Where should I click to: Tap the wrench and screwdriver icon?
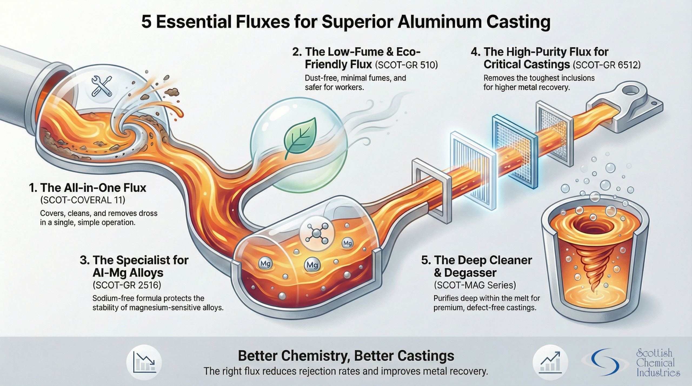tap(102, 86)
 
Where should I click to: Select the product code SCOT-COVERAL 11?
tap(83, 200)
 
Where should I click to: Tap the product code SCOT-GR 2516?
tap(127, 285)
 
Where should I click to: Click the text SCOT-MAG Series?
tap(475, 285)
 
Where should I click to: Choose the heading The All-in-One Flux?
tap(88, 188)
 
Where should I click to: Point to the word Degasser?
tap(471, 273)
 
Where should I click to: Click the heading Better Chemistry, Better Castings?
tap(346, 356)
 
